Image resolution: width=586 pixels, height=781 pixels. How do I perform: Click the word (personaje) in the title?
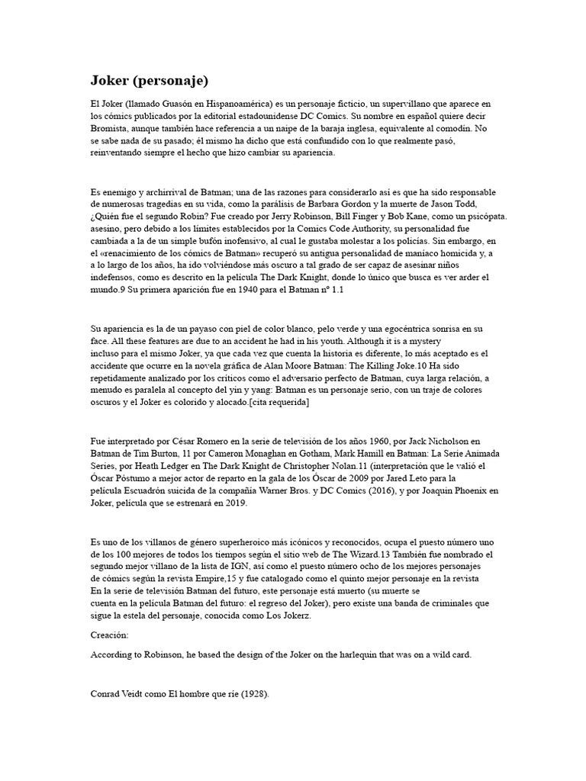point(169,81)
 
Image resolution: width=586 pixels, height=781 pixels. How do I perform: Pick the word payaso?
point(195,329)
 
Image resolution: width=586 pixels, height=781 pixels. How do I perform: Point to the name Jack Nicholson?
point(435,442)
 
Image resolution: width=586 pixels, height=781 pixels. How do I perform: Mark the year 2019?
point(233,504)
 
